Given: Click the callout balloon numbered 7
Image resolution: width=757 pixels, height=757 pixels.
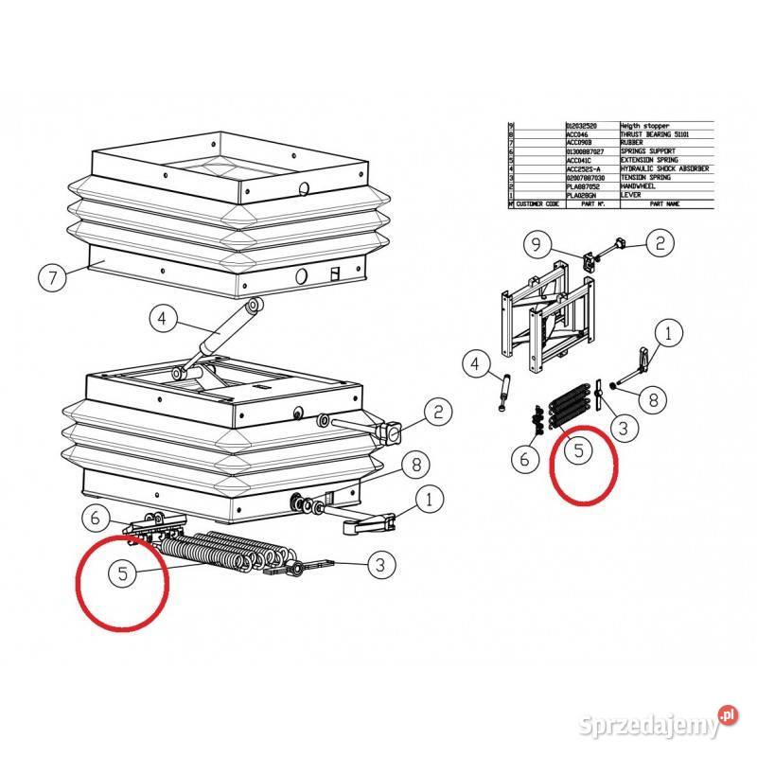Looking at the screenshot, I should pyautogui.click(x=53, y=278).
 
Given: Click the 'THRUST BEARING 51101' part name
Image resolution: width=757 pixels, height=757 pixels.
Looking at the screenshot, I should pyautogui.click(x=653, y=133).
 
